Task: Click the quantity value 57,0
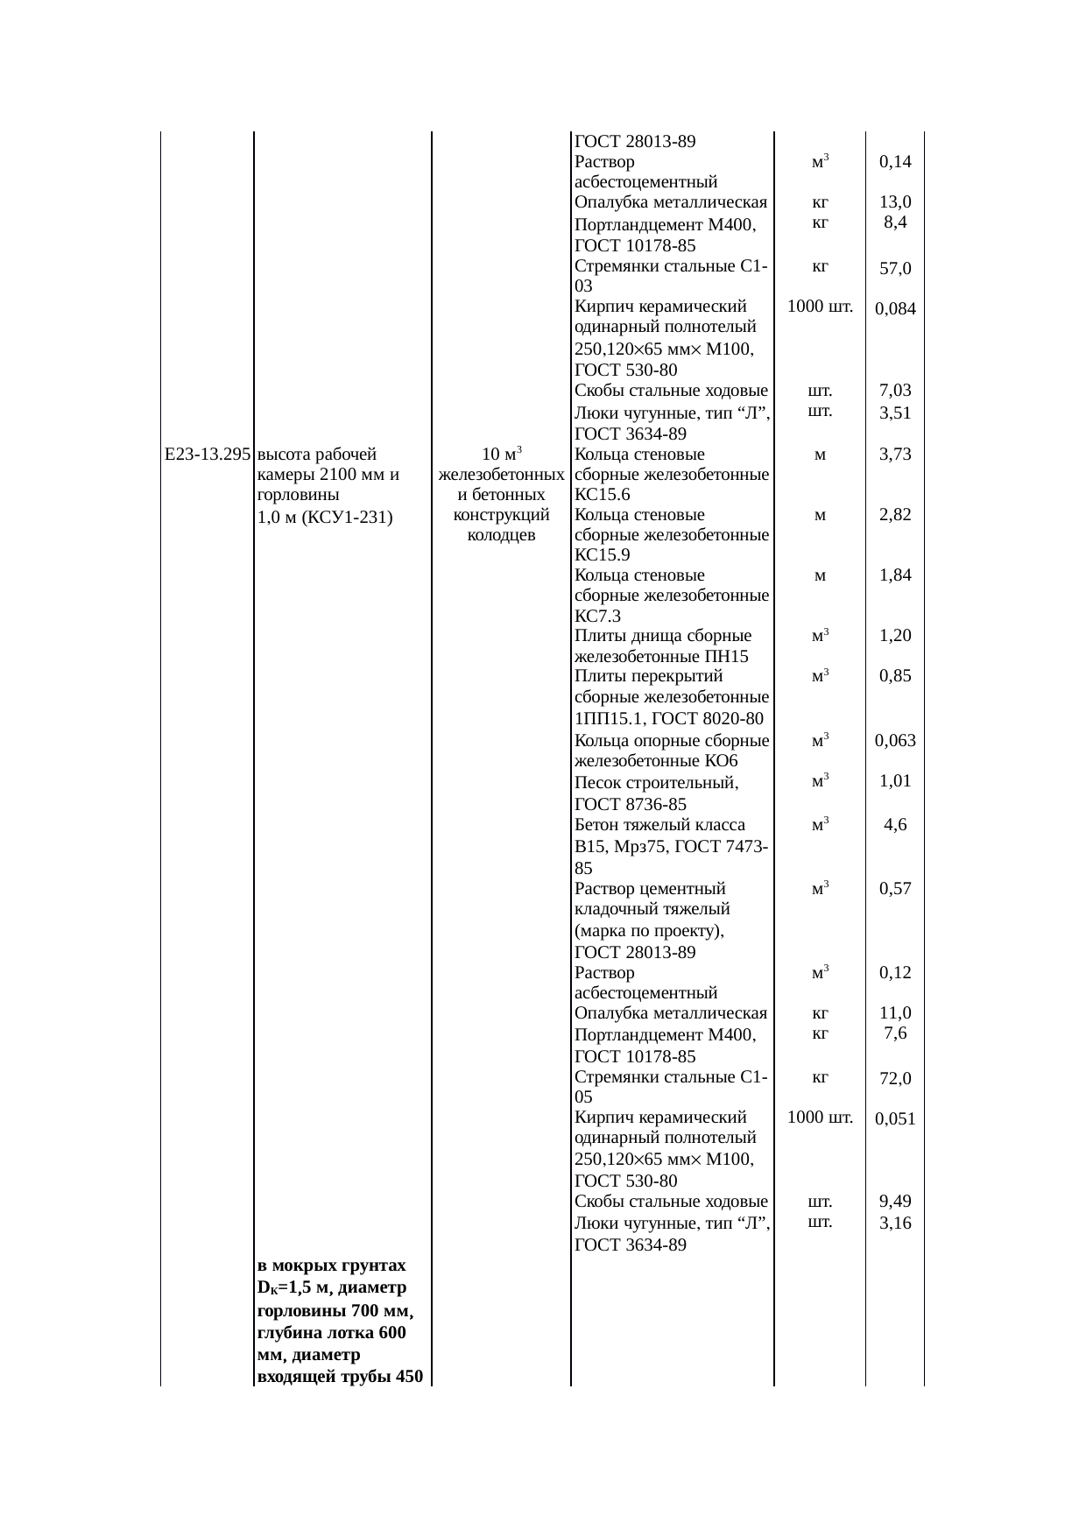point(895,269)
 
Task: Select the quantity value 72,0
point(895,1079)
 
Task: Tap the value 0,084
point(895,308)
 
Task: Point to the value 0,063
point(895,741)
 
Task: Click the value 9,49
point(895,1201)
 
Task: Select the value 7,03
point(895,391)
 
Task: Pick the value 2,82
point(895,515)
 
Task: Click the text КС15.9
point(603,555)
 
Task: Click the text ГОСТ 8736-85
point(631,805)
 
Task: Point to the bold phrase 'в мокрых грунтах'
point(332,1266)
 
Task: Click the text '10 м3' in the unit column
point(502,455)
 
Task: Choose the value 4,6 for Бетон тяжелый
point(895,825)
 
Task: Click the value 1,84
point(895,575)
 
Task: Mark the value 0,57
point(895,889)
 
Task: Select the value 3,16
point(895,1223)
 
